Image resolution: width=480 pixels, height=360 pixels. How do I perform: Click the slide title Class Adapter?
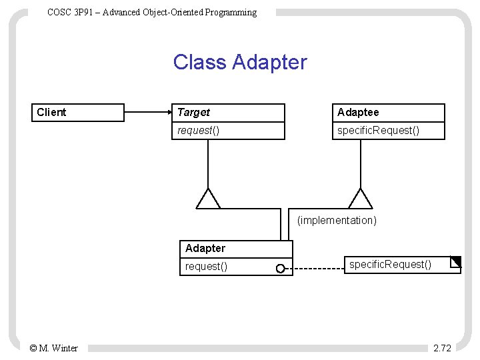(x=240, y=62)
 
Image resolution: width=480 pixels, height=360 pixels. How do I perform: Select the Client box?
(x=79, y=113)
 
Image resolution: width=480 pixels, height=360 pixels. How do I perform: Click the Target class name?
(x=194, y=113)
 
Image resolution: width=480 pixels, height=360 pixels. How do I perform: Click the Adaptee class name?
(x=358, y=113)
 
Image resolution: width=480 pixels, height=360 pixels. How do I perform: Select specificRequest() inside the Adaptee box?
(x=378, y=131)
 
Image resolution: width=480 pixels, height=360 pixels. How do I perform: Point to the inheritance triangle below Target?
(x=208, y=199)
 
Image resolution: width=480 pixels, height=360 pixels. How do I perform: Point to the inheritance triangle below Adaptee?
(x=361, y=199)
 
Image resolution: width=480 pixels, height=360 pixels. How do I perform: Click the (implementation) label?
(x=337, y=220)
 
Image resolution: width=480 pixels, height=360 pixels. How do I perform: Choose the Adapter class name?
(x=205, y=249)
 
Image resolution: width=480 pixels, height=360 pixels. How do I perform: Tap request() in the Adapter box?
(x=206, y=267)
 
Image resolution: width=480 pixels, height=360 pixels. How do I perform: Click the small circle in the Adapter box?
(x=281, y=269)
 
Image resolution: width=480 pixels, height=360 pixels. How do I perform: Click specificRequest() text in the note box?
(x=391, y=265)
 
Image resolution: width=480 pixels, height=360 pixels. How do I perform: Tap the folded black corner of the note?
(x=456, y=261)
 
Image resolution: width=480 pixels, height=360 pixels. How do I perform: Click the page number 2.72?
(x=442, y=348)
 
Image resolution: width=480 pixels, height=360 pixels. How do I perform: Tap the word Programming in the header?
(x=231, y=12)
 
